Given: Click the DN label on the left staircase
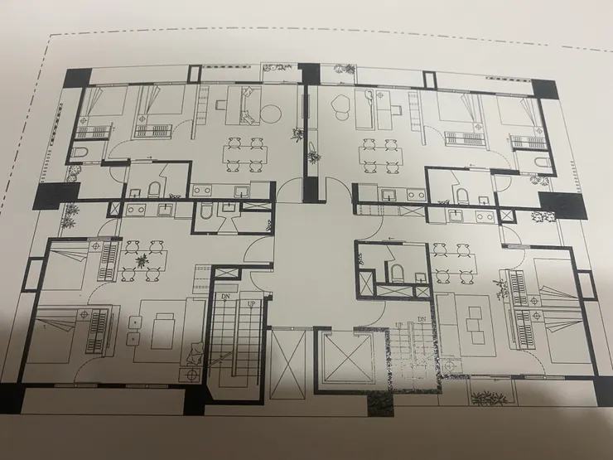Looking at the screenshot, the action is point(225,297).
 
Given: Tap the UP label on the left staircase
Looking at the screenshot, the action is point(251,303).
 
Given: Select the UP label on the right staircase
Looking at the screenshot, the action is point(398,325).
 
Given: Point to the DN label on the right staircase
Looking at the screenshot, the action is point(422,320).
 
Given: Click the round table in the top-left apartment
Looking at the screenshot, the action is point(271,114).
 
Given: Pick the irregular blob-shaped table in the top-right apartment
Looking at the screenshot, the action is point(341,104).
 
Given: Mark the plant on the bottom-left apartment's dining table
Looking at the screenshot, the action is point(142,259).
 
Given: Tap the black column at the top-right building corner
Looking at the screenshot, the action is point(545,90).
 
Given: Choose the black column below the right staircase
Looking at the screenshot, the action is point(380,404).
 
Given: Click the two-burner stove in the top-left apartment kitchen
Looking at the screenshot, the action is point(202,191).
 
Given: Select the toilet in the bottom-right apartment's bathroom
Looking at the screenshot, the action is point(398,273).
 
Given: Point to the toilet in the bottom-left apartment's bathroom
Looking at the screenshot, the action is point(205,213).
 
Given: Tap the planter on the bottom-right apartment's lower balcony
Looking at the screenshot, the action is point(489,398).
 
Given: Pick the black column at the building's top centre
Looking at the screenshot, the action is point(311,74).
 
